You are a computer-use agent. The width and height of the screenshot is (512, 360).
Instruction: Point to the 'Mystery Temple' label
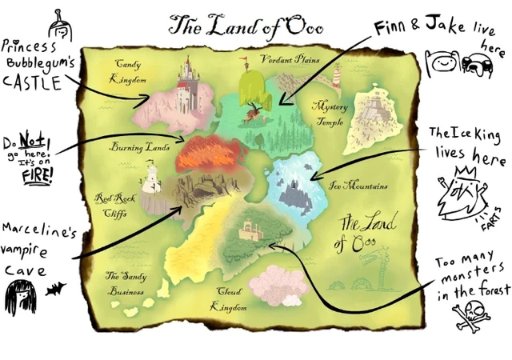[328, 111]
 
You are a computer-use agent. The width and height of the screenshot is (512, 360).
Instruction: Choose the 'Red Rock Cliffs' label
[111, 203]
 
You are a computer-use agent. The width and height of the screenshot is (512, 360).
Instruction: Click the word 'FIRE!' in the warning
[32, 176]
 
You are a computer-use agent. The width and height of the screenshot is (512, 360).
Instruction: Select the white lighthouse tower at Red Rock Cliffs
[150, 181]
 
